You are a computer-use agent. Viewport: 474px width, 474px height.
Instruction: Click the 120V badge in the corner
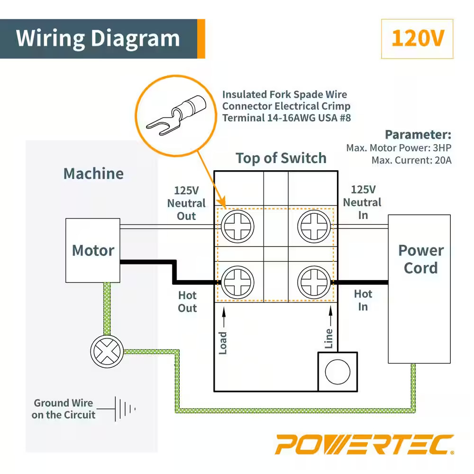tap(417, 39)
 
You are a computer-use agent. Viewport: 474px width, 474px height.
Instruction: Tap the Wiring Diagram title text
tap(98, 38)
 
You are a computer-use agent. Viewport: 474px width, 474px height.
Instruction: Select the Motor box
tap(93, 250)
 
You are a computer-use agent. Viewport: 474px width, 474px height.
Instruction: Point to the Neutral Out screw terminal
tap(237, 226)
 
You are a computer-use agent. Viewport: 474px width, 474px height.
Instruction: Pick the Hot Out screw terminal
tap(237, 283)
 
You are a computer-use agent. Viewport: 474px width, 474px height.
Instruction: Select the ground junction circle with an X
tap(107, 351)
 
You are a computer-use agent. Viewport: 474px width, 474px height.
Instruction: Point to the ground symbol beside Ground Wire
tap(125, 408)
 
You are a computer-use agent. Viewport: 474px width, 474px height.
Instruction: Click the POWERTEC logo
tap(365, 445)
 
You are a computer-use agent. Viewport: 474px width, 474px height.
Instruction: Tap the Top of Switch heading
tap(281, 158)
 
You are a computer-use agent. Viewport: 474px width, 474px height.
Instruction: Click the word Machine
tap(93, 173)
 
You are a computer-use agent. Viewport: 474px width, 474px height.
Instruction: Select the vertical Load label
tap(223, 342)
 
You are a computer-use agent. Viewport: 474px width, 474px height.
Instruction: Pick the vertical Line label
tap(329, 338)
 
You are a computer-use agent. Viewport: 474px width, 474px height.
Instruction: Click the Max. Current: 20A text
tap(411, 160)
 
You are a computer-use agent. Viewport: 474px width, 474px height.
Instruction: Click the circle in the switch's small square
tap(337, 371)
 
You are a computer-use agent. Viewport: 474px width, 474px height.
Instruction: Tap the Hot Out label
tap(187, 301)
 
